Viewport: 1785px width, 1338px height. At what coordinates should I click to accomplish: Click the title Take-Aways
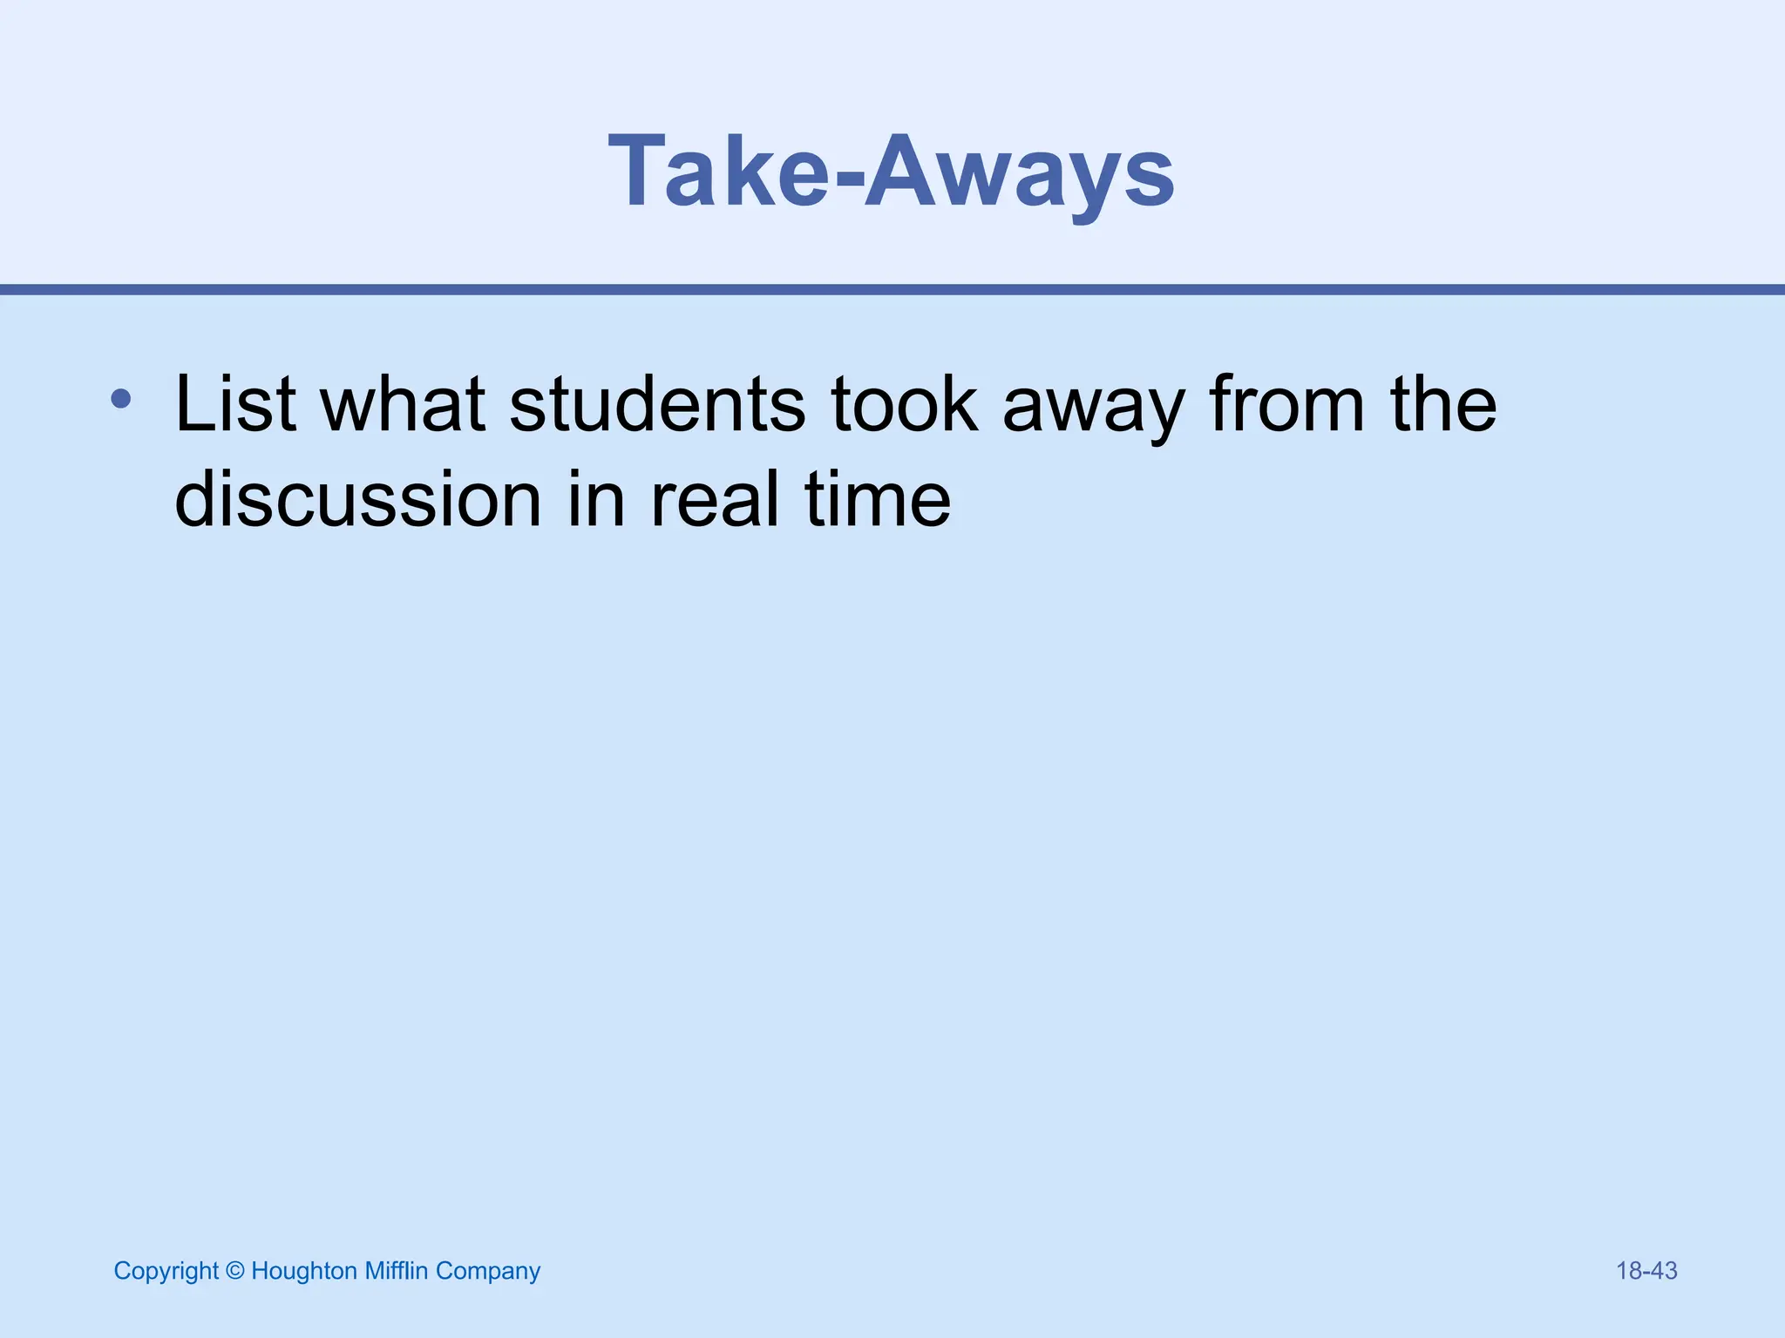pos(891,171)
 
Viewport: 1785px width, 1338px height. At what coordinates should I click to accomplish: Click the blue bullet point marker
pos(121,400)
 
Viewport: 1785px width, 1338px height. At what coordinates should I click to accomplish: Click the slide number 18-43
pos(1646,1271)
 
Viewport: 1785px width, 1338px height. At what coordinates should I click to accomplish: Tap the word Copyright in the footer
pos(166,1272)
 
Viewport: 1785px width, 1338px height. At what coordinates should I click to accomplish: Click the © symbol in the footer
pos(234,1271)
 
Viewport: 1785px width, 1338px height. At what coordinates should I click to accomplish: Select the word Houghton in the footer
pos(303,1272)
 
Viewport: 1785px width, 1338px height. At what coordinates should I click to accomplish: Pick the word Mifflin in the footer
pos(397,1271)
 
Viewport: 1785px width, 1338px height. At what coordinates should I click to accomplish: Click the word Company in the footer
pos(488,1272)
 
